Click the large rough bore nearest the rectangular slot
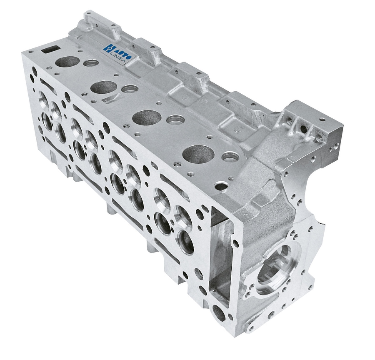point(67,61)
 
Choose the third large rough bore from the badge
point(147,117)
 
